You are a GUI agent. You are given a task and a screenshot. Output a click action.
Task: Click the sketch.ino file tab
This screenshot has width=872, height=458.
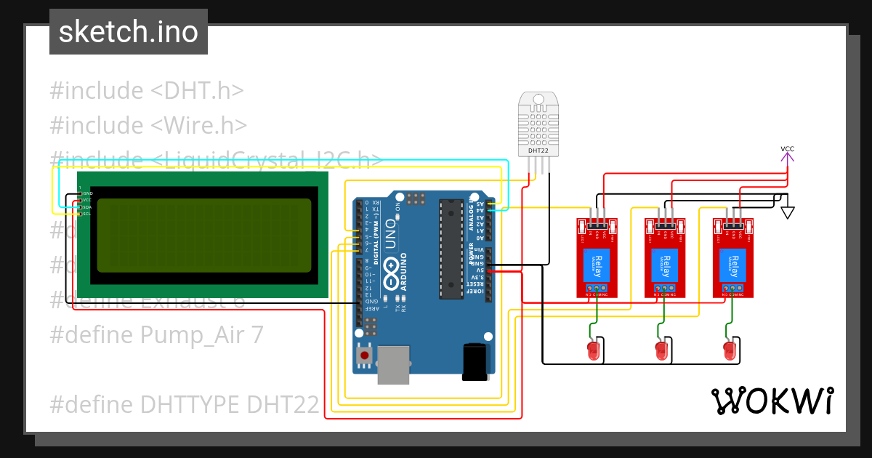[128, 32]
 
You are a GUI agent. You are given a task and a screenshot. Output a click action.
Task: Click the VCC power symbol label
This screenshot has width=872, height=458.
[787, 149]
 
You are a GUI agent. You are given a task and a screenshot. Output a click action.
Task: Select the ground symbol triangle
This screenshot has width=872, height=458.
[787, 212]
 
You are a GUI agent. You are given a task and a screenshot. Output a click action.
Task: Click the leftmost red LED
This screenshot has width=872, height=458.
[594, 350]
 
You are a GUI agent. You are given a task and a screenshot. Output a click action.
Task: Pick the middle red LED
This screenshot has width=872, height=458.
[661, 350]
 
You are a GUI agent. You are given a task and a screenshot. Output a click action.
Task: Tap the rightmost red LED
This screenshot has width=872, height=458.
[730, 350]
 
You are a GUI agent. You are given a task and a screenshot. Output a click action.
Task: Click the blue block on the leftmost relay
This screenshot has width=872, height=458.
[597, 265]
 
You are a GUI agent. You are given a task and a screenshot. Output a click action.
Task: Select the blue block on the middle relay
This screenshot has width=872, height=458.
[665, 265]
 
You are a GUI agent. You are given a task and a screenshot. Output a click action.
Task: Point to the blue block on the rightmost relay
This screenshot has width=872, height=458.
[732, 265]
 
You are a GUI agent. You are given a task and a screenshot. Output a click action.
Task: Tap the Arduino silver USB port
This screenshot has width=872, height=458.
[393, 363]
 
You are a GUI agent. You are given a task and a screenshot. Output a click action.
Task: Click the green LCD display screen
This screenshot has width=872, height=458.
[203, 235]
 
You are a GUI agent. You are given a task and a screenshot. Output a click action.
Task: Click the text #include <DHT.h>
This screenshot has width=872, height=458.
[146, 91]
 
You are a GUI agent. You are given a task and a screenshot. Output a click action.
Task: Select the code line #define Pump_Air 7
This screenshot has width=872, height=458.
[156, 334]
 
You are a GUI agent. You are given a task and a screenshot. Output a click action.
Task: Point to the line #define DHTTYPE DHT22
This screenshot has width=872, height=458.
[184, 403]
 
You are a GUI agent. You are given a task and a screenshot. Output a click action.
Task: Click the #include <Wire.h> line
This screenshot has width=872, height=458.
[148, 125]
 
